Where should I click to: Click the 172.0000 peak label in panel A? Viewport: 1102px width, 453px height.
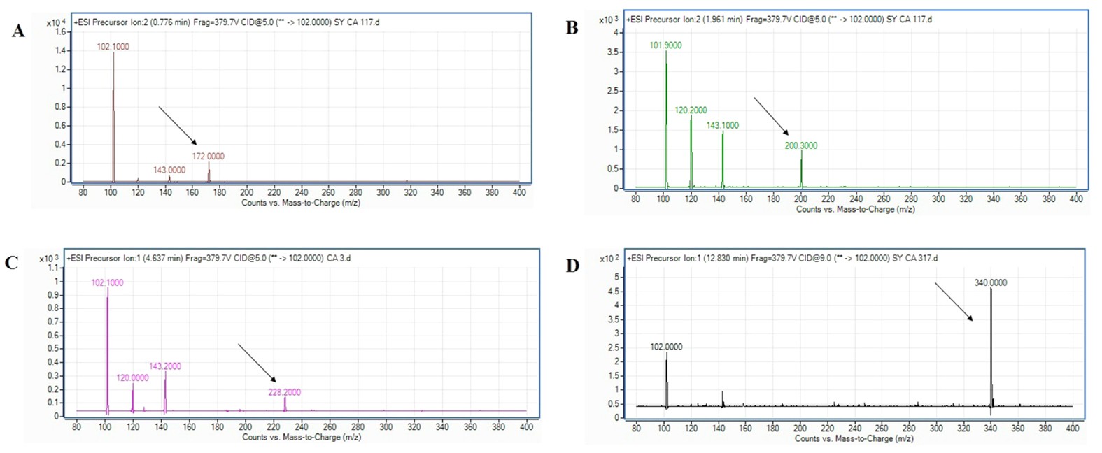tap(208, 157)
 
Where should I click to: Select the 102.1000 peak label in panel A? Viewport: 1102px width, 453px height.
tap(113, 47)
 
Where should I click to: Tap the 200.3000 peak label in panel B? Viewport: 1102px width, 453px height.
tap(800, 145)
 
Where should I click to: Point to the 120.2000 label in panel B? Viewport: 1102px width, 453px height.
tap(691, 110)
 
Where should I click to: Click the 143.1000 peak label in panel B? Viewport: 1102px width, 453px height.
tap(722, 126)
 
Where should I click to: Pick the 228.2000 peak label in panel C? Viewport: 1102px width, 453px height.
tap(284, 392)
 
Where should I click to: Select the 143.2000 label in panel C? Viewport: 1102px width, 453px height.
tap(164, 366)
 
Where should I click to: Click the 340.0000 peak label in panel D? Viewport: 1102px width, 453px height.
tap(990, 282)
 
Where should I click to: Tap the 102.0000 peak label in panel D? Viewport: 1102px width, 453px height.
tap(666, 347)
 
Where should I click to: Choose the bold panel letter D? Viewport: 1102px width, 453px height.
tap(572, 266)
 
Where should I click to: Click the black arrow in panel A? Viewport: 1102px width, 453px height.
tap(178, 126)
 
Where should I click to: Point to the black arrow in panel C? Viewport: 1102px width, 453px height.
tap(257, 363)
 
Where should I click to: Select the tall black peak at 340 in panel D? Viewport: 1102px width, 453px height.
tap(991, 350)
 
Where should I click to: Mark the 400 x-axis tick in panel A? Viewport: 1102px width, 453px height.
tap(519, 192)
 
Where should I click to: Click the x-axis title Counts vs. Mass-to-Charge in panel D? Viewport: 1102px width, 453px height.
tap(854, 438)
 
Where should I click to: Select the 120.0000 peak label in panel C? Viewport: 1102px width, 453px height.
tap(132, 377)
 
